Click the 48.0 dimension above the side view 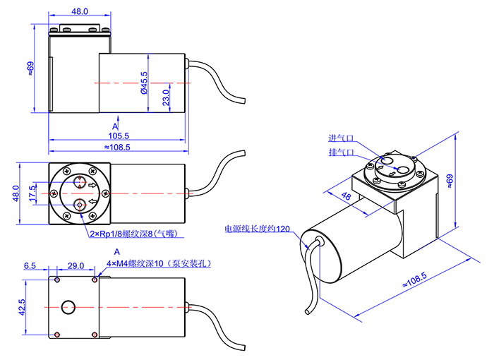click(x=80, y=11)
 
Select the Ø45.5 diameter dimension click(x=143, y=83)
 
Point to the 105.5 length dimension click(x=118, y=136)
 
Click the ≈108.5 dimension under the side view click(x=117, y=148)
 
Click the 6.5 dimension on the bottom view click(x=30, y=266)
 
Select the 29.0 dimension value click(x=76, y=266)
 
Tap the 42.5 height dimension click(x=22, y=307)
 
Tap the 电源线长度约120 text click(x=257, y=229)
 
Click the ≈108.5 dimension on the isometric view click(x=414, y=279)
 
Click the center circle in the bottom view click(x=68, y=307)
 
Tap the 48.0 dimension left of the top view click(x=16, y=192)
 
